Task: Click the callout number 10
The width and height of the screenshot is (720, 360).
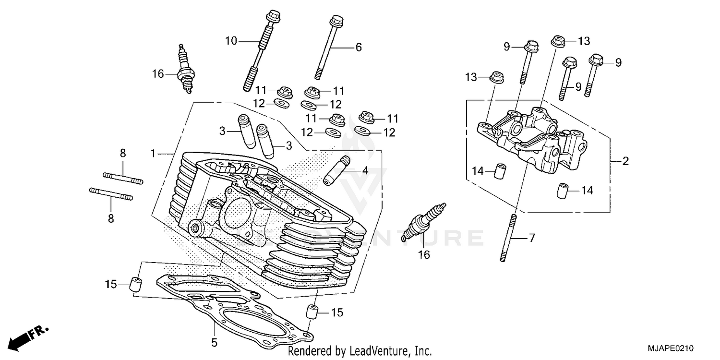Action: pos(231,41)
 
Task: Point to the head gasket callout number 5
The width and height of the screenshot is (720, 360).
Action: pos(214,343)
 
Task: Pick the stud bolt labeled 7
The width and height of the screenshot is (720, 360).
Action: pos(509,238)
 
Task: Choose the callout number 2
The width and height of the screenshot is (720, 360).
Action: pos(625,162)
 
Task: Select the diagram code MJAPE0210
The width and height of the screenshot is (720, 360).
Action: pos(671,348)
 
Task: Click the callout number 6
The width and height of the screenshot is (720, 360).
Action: pos(358,47)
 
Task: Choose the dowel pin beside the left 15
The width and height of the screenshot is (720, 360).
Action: pos(135,284)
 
